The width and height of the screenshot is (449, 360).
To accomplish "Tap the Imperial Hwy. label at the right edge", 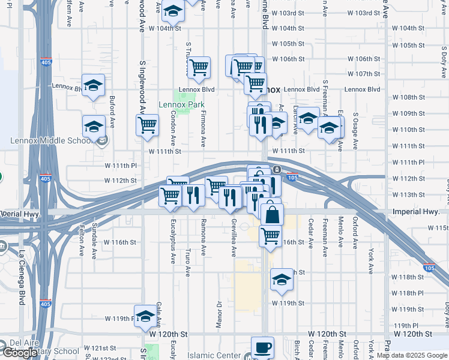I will [x=420, y=212].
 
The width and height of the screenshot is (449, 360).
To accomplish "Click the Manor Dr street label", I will [x=219, y=317].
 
